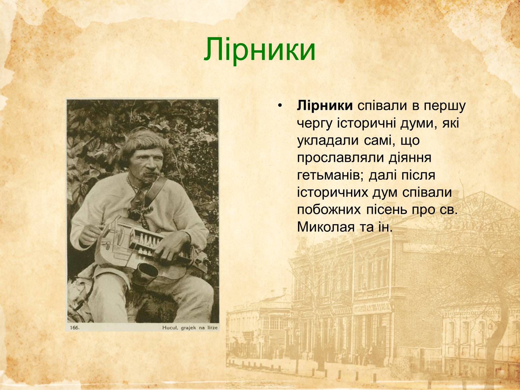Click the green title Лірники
260,50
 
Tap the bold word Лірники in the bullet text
325,106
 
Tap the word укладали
327,141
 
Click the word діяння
410,158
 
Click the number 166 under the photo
75,328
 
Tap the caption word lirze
212,328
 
